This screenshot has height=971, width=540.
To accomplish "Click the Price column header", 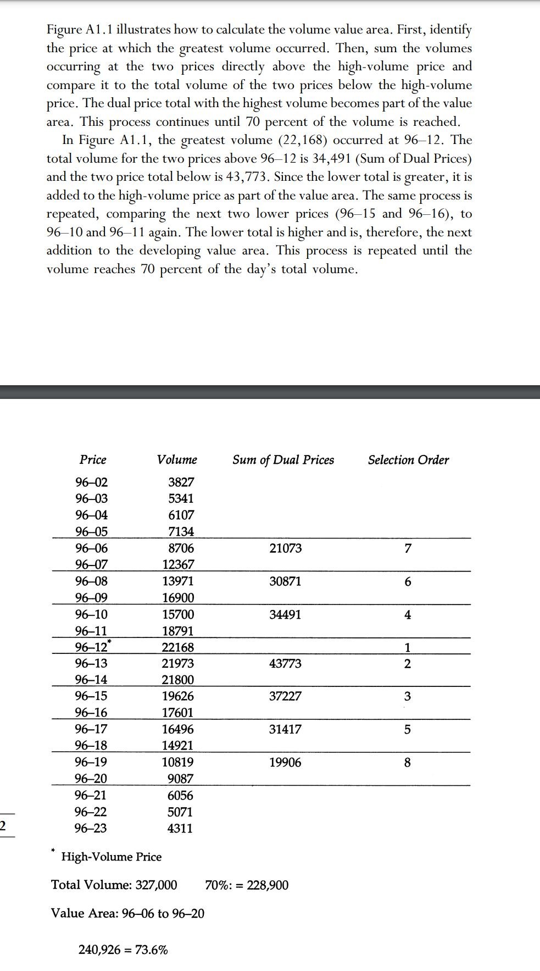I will coord(93,460).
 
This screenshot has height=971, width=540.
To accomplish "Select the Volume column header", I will coord(177,460).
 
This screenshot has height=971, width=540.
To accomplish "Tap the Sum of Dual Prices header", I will coord(283,460).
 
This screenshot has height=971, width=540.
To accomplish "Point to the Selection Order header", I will coord(408,460).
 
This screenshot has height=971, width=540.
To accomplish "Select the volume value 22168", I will coord(177,648).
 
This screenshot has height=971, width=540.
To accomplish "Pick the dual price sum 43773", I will coord(285,664).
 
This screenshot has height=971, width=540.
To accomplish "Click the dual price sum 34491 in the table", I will coord(285,614).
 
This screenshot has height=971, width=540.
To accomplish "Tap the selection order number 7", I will coord(407,548).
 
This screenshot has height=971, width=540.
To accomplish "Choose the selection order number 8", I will coord(407,763).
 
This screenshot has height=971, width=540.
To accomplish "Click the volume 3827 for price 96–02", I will coord(181,482).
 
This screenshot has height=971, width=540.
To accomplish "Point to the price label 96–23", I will coord(91,828).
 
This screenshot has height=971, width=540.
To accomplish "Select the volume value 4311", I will coord(180,828).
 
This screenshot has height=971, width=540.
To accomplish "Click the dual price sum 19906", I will coord(285,763).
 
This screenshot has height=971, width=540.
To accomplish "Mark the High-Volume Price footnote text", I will coord(111,857).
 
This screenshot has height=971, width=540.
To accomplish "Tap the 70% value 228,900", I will coord(268,885).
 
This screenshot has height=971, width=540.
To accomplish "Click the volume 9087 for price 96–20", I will coord(180,779).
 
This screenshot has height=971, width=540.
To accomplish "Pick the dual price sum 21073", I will coord(286,548).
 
